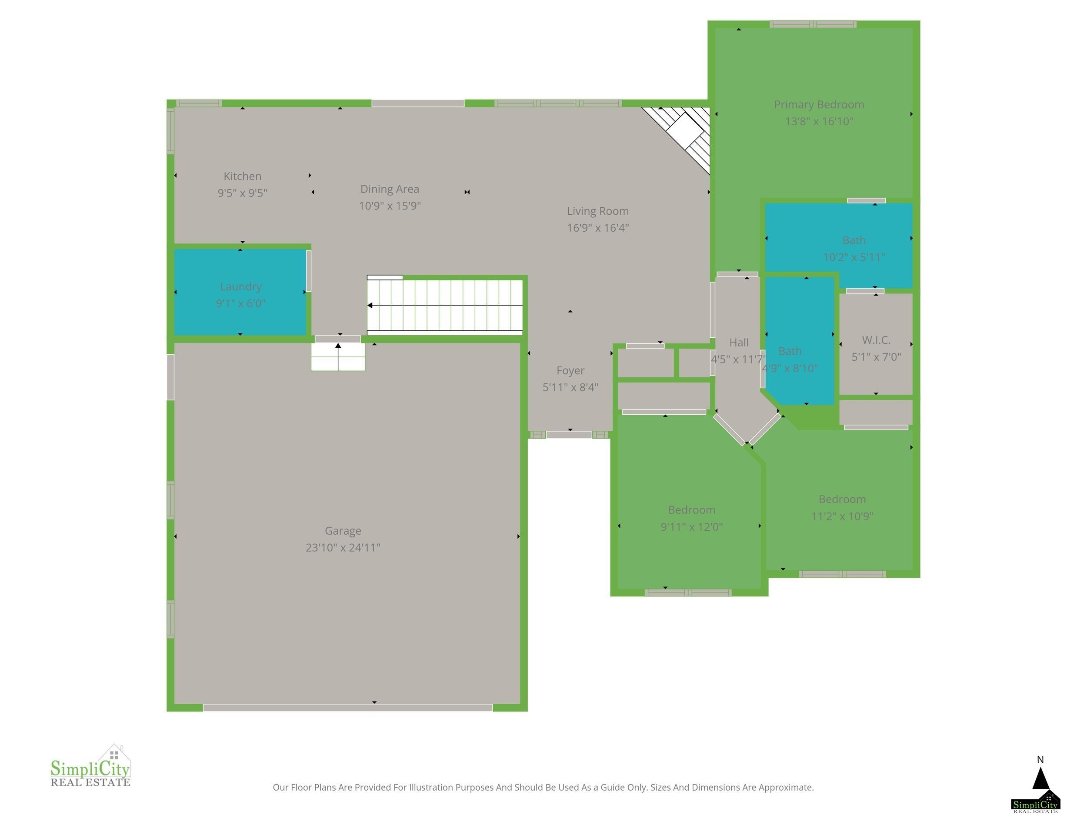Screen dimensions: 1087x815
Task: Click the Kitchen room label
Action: point(242,176)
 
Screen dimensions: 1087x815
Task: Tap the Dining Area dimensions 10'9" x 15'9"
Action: point(390,205)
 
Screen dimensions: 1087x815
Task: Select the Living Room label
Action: point(597,211)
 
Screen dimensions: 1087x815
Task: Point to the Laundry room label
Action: point(241,286)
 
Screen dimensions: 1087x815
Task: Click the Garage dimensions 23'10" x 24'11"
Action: point(343,547)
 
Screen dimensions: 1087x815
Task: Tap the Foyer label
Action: point(570,370)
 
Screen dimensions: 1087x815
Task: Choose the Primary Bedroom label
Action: point(819,104)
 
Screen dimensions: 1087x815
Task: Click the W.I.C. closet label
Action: point(876,340)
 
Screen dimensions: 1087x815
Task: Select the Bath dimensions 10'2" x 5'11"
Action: point(854,257)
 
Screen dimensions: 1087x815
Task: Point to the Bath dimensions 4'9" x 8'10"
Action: point(790,368)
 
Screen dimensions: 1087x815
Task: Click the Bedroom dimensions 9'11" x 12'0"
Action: point(691,527)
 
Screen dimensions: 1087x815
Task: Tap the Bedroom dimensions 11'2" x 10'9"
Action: point(842,516)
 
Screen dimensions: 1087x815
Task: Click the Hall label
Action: point(739,343)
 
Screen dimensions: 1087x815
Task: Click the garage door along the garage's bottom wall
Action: point(347,707)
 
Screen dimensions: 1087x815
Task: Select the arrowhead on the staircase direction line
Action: point(370,306)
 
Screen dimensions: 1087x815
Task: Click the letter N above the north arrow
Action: point(1040,759)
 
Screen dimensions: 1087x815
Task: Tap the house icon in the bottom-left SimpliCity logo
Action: point(114,754)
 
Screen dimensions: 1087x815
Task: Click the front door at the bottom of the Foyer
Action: point(569,435)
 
